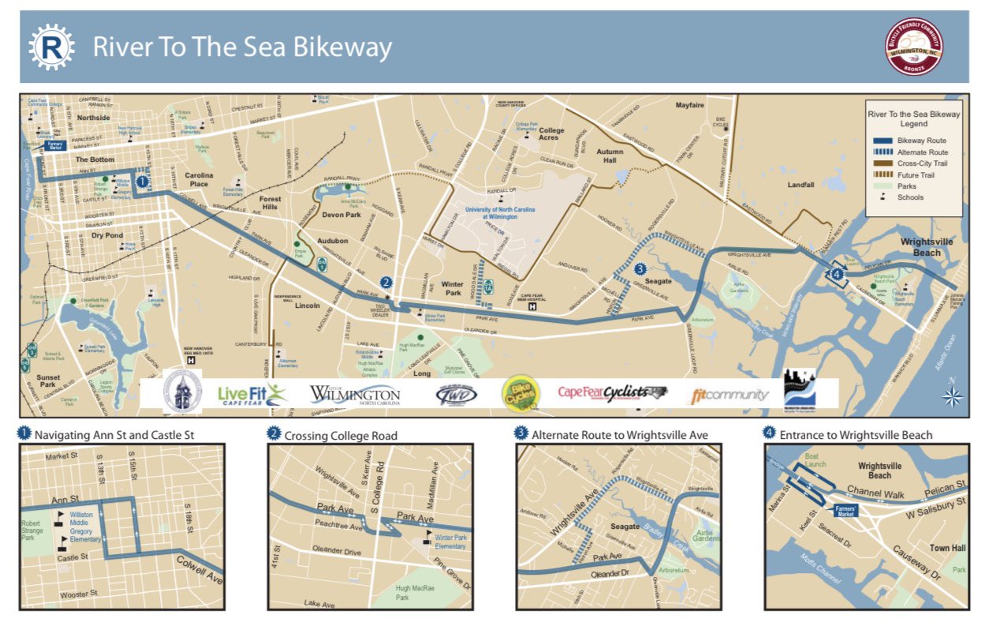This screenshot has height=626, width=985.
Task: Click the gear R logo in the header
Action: [51, 47]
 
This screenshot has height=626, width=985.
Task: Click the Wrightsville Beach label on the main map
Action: [927, 247]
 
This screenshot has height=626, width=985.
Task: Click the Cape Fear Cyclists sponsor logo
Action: [613, 392]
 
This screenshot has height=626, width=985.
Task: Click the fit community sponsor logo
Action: [729, 395]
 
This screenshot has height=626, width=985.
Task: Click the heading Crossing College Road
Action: [341, 435]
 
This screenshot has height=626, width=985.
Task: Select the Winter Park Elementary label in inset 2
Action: [450, 542]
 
